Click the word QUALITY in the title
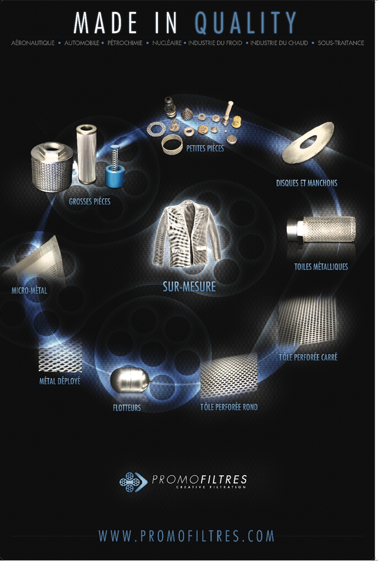[x=245, y=23]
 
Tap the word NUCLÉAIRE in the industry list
[x=167, y=43]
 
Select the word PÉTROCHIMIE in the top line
[x=125, y=43]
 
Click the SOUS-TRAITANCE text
[x=341, y=43]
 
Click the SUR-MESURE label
[x=189, y=287]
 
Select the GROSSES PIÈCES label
[x=90, y=202]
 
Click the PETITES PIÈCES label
[x=205, y=148]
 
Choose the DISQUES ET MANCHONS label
[x=307, y=183]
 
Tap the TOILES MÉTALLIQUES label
[x=321, y=267]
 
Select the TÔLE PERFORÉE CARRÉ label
[x=308, y=357]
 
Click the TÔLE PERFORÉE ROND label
[x=229, y=407]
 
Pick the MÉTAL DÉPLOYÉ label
[x=60, y=381]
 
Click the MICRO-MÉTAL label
[x=29, y=290]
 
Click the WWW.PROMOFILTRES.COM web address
[x=186, y=536]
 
